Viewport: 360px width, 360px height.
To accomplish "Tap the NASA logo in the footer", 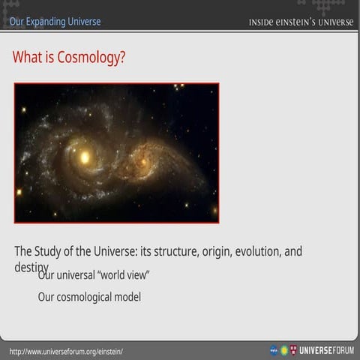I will click(274, 350).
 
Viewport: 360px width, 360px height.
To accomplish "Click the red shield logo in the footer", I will click(293, 350).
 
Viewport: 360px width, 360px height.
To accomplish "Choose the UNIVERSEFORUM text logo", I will click(326, 350).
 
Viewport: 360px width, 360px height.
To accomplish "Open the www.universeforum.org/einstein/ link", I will click(66, 351).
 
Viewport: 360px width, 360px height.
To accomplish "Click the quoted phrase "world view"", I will click(128, 274).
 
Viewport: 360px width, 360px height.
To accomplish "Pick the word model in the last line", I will click(127, 297).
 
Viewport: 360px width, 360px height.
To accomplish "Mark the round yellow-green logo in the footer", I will click(284, 350).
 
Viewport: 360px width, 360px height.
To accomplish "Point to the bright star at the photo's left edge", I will click(19, 192).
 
